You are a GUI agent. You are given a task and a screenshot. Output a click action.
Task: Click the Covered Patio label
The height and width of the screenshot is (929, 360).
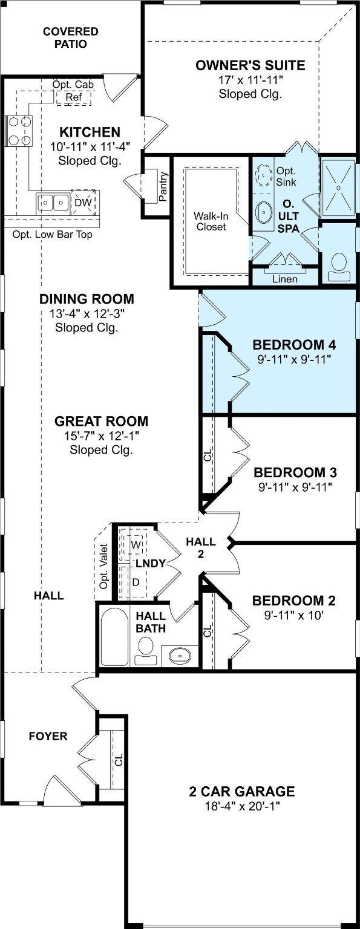click(71, 37)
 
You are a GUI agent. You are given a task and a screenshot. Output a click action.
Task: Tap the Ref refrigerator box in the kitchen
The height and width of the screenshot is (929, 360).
click(74, 97)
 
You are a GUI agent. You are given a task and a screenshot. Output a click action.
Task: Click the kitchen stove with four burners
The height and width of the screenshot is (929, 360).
click(19, 131)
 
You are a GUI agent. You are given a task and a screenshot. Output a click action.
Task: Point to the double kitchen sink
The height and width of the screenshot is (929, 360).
click(53, 203)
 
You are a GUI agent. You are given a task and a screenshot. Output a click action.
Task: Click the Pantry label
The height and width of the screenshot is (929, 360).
click(163, 187)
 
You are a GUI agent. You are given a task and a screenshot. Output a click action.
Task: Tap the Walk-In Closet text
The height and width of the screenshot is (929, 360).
click(211, 221)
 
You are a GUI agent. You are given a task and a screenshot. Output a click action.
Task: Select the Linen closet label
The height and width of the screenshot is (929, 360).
click(285, 279)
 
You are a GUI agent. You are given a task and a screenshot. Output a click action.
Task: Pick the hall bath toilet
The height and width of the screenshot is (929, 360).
click(146, 651)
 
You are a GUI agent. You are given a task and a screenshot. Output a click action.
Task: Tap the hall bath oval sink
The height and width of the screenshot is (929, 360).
click(180, 655)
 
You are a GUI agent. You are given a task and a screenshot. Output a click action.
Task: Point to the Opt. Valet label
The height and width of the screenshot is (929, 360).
click(103, 567)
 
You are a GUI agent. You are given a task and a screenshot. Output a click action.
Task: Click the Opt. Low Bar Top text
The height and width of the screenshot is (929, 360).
click(52, 234)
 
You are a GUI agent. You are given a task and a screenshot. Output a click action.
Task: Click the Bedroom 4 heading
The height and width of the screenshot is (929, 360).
click(294, 345)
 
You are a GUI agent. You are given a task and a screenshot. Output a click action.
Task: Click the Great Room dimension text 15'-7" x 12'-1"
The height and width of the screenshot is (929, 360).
click(101, 435)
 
